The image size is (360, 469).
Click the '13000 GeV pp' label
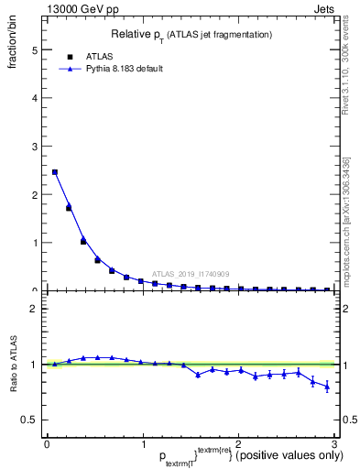[82, 9]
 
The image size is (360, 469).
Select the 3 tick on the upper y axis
[34, 147]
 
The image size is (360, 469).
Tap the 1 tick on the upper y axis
[34, 243]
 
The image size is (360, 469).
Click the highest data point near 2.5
[55, 171]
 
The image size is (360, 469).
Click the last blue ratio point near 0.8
[327, 387]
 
